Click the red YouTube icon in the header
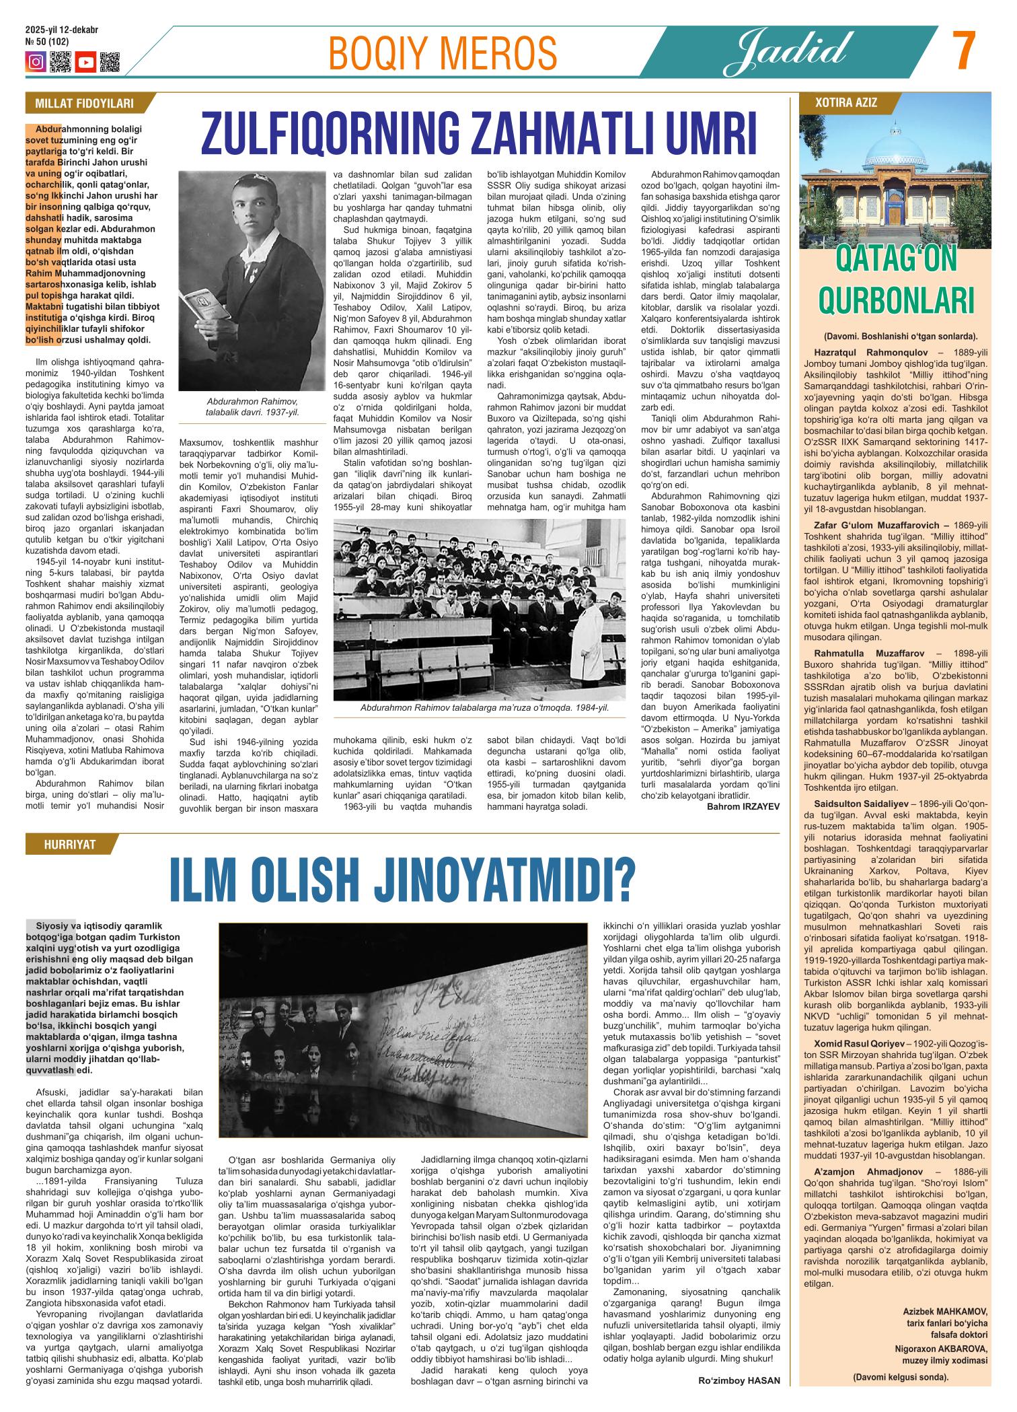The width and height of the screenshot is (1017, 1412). (x=85, y=62)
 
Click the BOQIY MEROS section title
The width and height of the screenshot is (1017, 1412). (x=442, y=52)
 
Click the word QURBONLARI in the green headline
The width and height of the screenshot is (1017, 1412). (x=896, y=301)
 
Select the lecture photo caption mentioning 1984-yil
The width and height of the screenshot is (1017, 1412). (x=484, y=708)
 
